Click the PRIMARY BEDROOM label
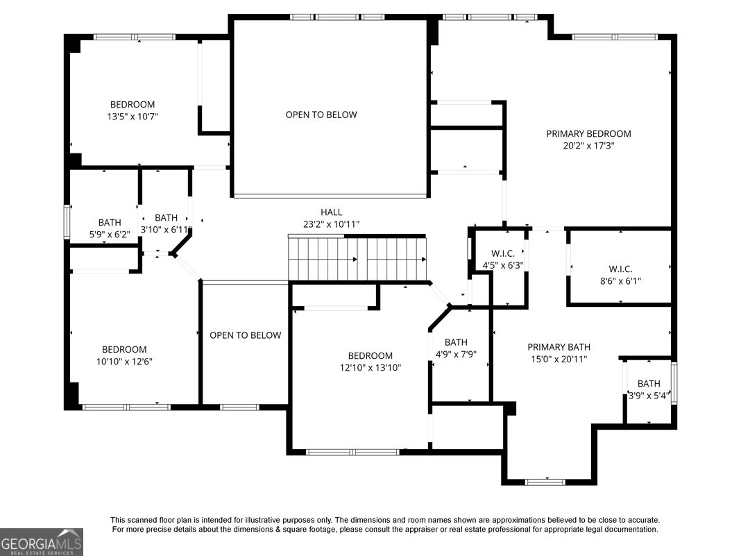588,134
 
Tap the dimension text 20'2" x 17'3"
588,146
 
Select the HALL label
331,212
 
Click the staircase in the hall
357,259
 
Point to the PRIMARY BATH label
559,347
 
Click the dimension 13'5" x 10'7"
133,117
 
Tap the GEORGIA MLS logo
42,542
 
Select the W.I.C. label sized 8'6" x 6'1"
620,269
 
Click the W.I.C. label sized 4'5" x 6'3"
503,254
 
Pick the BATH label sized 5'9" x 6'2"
110,222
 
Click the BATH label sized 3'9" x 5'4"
649,383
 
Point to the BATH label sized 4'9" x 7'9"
456,342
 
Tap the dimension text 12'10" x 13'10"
370,368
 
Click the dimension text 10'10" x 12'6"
124,362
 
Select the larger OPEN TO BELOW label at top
321,115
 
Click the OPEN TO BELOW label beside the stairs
246,335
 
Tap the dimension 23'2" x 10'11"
331,224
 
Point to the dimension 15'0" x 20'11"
559,360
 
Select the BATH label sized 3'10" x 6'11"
167,218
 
